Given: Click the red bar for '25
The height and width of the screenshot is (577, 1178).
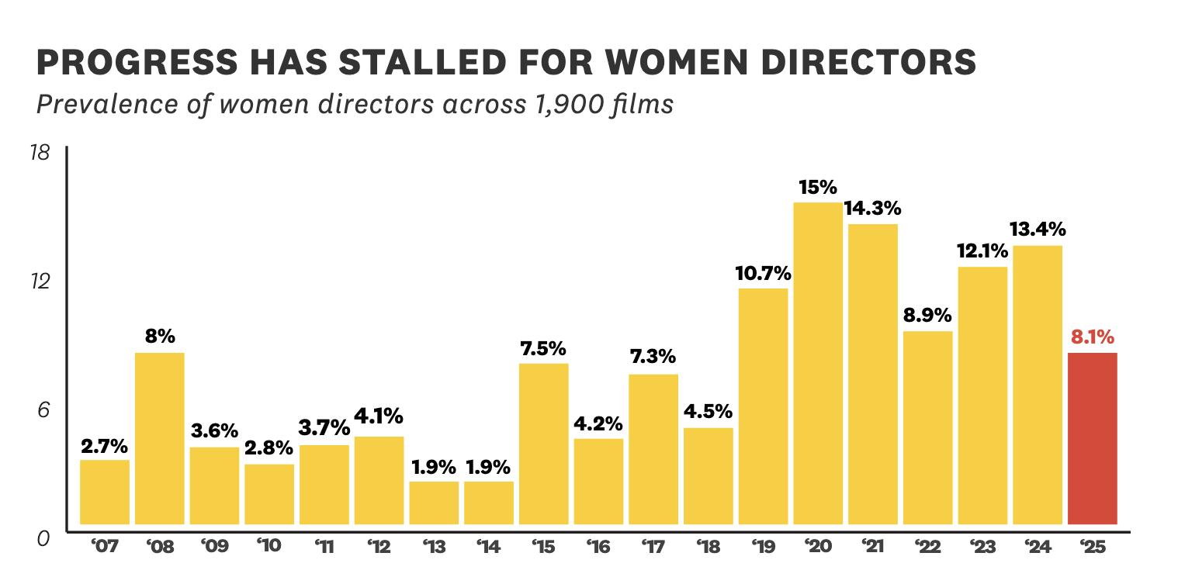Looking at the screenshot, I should tap(1092, 438).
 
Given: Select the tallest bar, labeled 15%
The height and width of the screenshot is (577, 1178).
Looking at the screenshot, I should tap(817, 363).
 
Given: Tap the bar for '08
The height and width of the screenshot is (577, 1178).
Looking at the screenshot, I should tap(159, 438).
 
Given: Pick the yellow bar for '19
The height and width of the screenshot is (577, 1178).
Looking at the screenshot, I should tap(763, 406).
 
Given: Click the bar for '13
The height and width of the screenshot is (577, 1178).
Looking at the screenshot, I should tap(434, 503).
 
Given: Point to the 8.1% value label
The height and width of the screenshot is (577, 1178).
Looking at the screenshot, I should tap(1092, 337).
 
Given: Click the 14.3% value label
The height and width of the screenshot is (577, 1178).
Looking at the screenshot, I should tap(873, 208).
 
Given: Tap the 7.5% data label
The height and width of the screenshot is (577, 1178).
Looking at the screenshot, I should tap(543, 348).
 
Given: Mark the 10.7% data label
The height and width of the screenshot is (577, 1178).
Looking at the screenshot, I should tap(763, 273).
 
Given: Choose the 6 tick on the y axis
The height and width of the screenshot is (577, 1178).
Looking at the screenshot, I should tap(43, 409).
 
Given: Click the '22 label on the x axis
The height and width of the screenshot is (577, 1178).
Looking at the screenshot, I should tap(927, 547).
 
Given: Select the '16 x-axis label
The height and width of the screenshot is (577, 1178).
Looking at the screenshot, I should tap(598, 547).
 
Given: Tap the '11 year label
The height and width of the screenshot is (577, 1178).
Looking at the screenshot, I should tap(324, 547).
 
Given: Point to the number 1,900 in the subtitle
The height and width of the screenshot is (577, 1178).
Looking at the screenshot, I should tap(581, 104).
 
